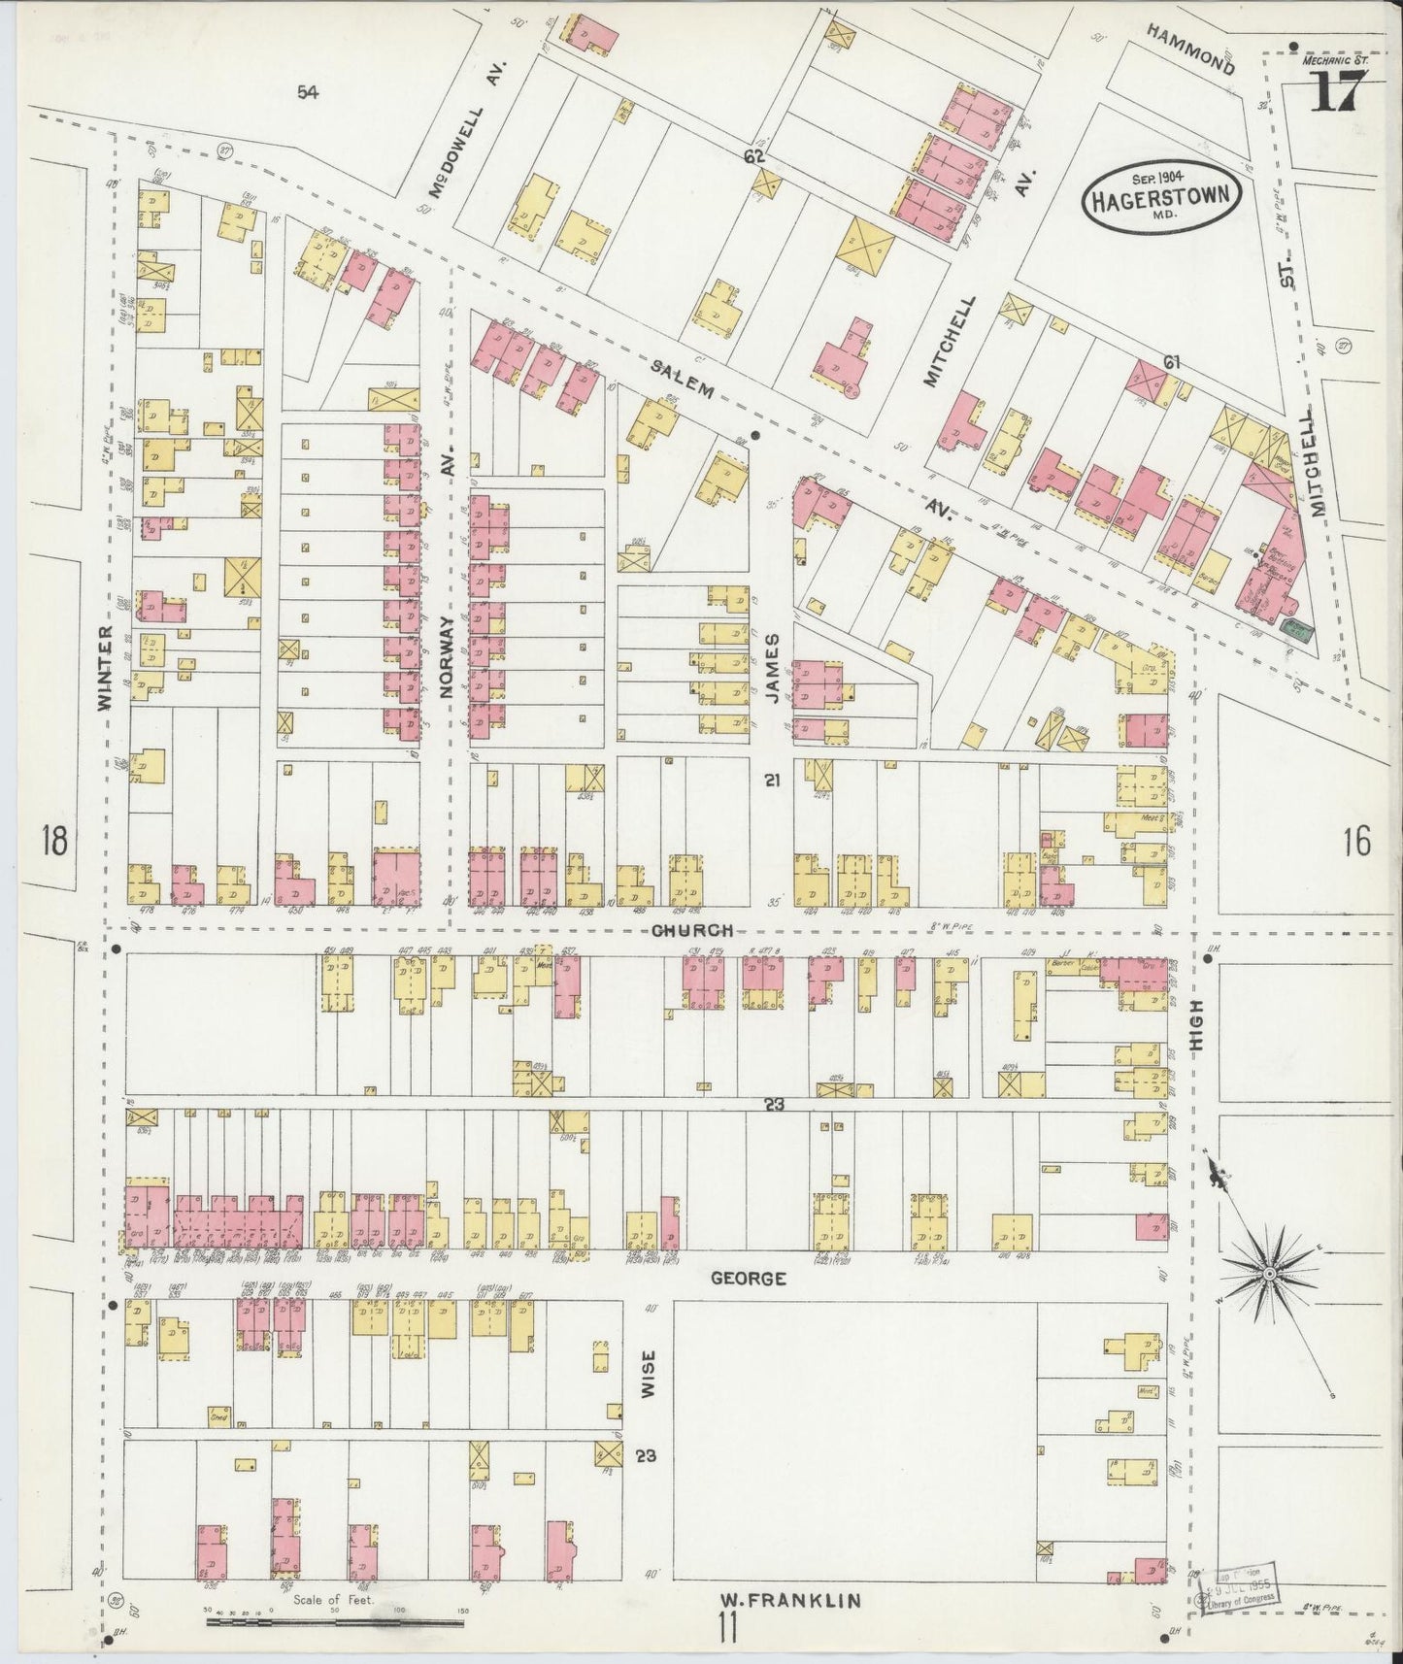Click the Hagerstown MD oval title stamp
pyautogui.click(x=1162, y=196)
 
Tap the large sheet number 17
pyautogui.click(x=1337, y=94)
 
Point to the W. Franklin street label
pyautogui.click(x=789, y=1599)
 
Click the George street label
pyautogui.click(x=748, y=1278)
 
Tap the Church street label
pyautogui.click(x=690, y=929)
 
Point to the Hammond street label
pyautogui.click(x=1188, y=49)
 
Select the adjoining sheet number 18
pyautogui.click(x=53, y=840)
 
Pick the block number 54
pyautogui.click(x=308, y=92)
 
